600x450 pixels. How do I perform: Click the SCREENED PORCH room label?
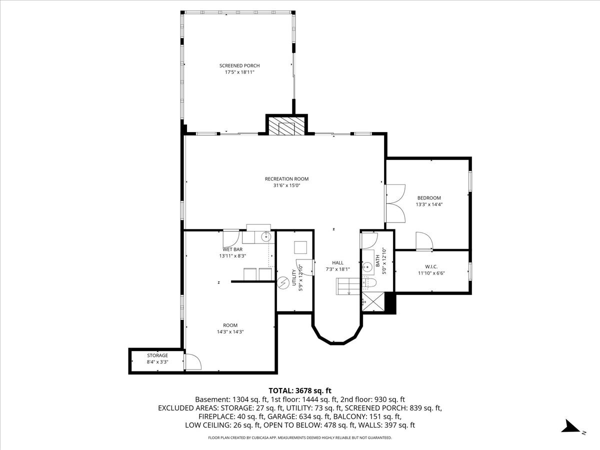point(239,65)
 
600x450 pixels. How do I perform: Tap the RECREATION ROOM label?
point(286,179)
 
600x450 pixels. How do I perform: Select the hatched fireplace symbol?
point(286,126)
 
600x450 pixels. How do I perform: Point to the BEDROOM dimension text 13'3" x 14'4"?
point(429,204)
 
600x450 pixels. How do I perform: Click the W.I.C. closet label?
point(431,266)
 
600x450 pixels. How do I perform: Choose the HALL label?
point(337,263)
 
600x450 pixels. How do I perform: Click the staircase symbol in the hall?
point(347,286)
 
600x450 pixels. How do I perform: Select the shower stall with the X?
point(373,301)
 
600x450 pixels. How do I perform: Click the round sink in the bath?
point(367,266)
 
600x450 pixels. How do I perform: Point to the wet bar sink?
point(265,237)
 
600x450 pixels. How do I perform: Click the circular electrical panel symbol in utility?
point(283,283)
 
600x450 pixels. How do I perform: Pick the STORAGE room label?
point(157,355)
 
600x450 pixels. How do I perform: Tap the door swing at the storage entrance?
point(193,362)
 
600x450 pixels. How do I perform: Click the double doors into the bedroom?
point(395,203)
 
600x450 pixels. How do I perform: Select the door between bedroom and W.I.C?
point(424,241)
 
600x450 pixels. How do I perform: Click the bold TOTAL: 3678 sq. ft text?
point(300,390)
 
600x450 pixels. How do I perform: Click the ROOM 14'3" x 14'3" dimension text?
point(230,332)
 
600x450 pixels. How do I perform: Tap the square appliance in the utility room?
point(300,247)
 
